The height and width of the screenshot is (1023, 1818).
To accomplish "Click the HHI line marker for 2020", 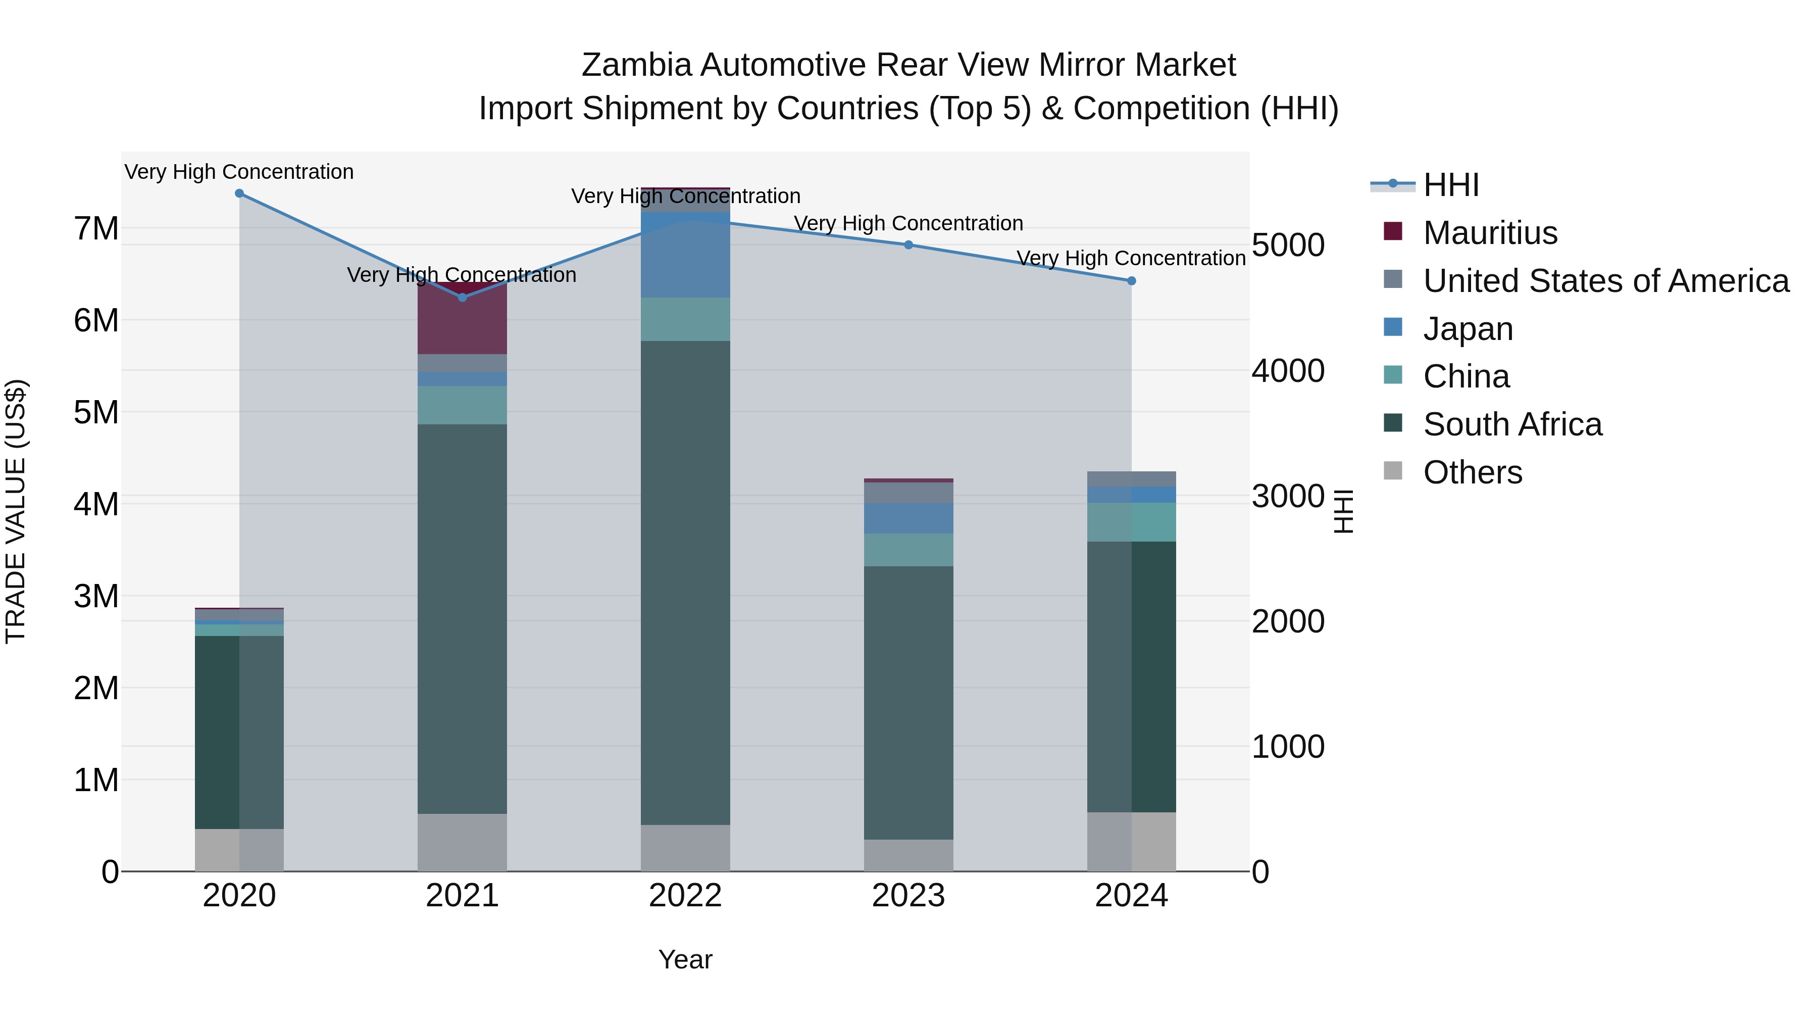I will click(239, 193).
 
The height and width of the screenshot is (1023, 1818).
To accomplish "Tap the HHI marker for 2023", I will click(908, 245).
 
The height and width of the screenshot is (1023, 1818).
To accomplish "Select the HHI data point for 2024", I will click(1131, 281).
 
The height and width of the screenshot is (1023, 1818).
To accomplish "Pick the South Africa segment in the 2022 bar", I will click(685, 582).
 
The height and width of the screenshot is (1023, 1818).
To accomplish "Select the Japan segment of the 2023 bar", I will click(908, 518).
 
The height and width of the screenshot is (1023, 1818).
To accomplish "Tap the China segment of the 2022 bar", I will click(685, 319).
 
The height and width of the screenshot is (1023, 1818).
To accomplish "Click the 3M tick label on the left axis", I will click(96, 597).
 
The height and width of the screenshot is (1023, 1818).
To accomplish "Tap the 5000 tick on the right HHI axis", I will click(1288, 246).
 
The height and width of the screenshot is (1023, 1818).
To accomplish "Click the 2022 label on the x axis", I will click(685, 896).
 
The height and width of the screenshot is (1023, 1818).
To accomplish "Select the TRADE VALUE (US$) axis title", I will click(16, 511).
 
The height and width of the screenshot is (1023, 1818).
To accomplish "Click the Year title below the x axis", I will click(685, 959).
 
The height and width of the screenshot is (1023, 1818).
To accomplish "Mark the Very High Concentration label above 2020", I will click(239, 172).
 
